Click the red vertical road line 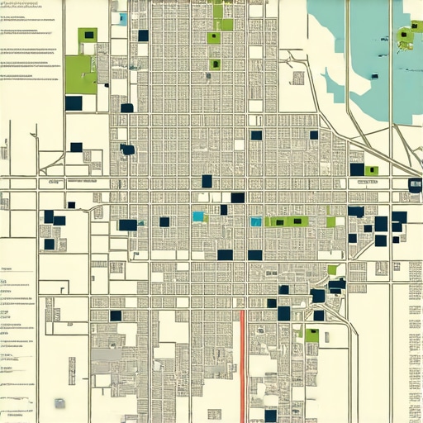point(242,364)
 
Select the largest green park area point(80,74)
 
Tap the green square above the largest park point(88,34)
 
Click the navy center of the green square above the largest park point(88,35)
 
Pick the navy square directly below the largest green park point(74,103)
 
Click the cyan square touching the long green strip point(256,221)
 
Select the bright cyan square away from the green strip point(197,216)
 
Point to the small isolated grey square point(59,403)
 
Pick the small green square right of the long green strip point(331,221)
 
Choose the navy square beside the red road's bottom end point(270,416)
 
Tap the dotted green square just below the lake point(372,171)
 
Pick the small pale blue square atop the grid point(123,18)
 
